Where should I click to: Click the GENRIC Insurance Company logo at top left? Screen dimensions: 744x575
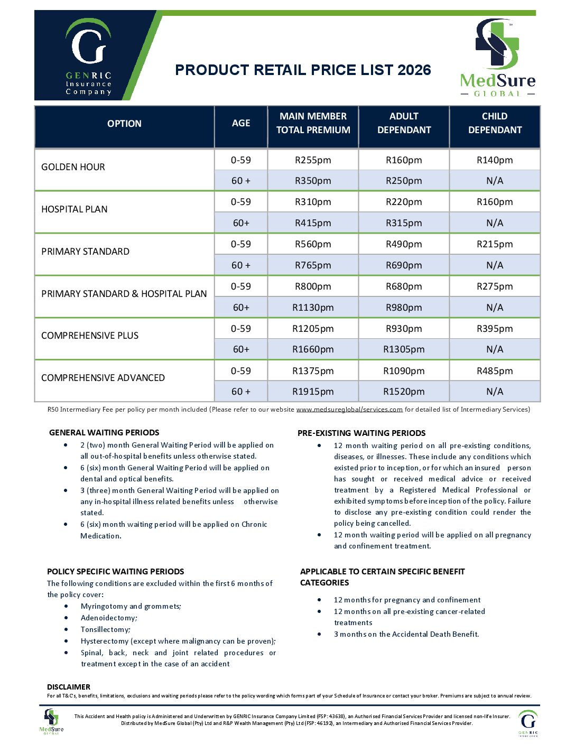coord(88,57)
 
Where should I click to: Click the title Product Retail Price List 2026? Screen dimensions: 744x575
coord(303,70)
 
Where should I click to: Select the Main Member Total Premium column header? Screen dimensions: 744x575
coord(313,123)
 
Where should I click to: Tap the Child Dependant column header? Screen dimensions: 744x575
coord(495,123)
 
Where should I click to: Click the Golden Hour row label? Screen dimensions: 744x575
coord(73,167)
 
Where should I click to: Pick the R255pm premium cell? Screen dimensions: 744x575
coord(313,160)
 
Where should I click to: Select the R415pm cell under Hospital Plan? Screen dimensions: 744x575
coord(313,223)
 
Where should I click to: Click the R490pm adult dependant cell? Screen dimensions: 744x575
coord(404,244)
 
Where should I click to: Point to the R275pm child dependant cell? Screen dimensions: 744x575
coord(495,286)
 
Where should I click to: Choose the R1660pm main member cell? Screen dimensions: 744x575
coord(313,349)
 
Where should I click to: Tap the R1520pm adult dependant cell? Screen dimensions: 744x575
coord(404,392)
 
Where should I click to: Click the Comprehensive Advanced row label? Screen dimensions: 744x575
coord(103,378)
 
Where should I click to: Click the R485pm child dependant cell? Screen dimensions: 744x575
coord(495,371)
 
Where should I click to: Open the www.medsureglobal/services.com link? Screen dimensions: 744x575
coord(349,410)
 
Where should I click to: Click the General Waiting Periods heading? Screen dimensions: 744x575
coord(104,432)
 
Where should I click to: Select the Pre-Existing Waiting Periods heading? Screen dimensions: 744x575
coord(361,433)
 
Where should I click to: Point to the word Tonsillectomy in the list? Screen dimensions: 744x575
coord(105,629)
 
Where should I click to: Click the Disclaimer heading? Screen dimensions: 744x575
coord(69,687)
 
